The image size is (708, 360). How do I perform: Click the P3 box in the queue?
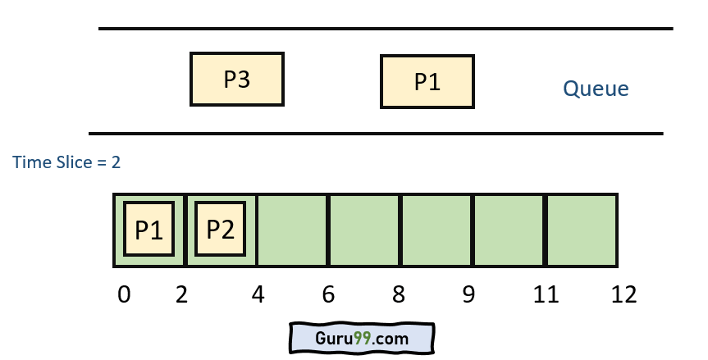(x=236, y=80)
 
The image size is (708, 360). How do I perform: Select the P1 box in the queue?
(x=427, y=82)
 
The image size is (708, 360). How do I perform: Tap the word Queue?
(x=596, y=89)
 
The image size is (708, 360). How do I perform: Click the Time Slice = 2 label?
(x=66, y=162)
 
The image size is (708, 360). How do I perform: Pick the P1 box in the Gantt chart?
(x=149, y=229)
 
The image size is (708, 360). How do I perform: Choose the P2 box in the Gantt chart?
(x=221, y=229)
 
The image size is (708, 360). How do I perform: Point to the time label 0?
(x=124, y=295)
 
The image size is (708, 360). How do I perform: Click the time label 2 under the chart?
(x=182, y=295)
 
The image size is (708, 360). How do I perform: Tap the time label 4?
(x=258, y=295)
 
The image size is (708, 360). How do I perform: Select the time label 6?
(x=328, y=295)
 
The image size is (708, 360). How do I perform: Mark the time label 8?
(x=399, y=295)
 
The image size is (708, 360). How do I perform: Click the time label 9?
(x=468, y=295)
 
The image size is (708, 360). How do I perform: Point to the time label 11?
(x=545, y=295)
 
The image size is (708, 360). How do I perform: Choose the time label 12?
(x=623, y=295)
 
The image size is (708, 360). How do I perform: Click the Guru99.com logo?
(x=362, y=338)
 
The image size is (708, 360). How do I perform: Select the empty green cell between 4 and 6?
(x=293, y=230)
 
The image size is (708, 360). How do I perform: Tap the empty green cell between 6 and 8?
(x=364, y=230)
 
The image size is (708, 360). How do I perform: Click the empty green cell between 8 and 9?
(x=436, y=230)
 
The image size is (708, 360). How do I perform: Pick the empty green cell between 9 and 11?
(x=508, y=230)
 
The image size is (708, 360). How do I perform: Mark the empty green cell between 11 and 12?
(x=581, y=230)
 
